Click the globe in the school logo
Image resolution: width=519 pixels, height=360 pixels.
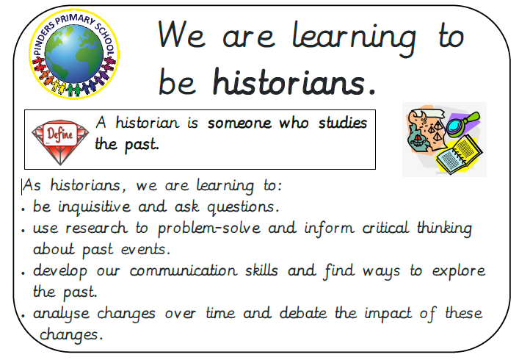[74, 54]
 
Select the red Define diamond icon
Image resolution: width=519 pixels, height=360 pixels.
[60, 142]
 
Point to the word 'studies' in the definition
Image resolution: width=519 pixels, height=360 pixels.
[343, 123]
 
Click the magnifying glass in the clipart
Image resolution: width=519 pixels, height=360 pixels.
[462, 123]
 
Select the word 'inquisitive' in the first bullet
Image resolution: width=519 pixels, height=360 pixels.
[95, 207]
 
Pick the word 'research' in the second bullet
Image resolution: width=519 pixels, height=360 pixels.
[96, 228]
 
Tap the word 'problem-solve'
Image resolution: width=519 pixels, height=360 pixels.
[209, 228]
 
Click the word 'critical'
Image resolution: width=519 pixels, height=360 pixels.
[385, 228]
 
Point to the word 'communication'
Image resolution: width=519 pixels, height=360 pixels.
[184, 270]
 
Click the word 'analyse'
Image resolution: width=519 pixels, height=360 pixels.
[61, 314]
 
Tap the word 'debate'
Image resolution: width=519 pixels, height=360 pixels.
[303, 313]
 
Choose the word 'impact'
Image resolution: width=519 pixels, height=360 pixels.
[388, 314]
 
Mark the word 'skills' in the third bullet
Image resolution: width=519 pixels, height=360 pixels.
[261, 270]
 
